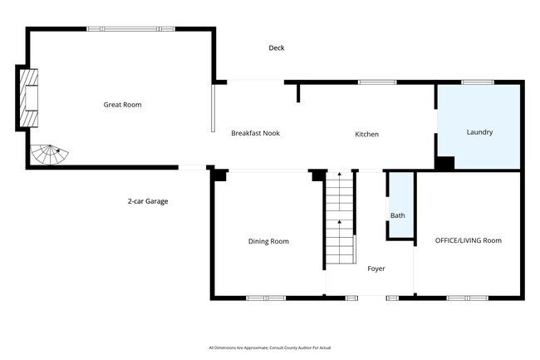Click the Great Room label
(122, 105)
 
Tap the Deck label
(277, 48)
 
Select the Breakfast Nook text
(256, 133)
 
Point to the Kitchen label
(366, 135)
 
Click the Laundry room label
(479, 132)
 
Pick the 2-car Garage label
(148, 201)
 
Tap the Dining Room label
(268, 241)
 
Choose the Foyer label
(376, 269)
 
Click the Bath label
(398, 215)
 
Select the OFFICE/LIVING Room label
(469, 240)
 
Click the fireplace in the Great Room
(28, 98)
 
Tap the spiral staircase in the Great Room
(49, 155)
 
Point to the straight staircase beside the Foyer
(340, 217)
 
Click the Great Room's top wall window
(130, 29)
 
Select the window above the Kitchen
(377, 82)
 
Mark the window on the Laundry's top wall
(478, 82)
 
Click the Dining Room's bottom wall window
(266, 298)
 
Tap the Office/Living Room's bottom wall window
(468, 298)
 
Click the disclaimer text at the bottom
(270, 348)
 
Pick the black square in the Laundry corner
(445, 163)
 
